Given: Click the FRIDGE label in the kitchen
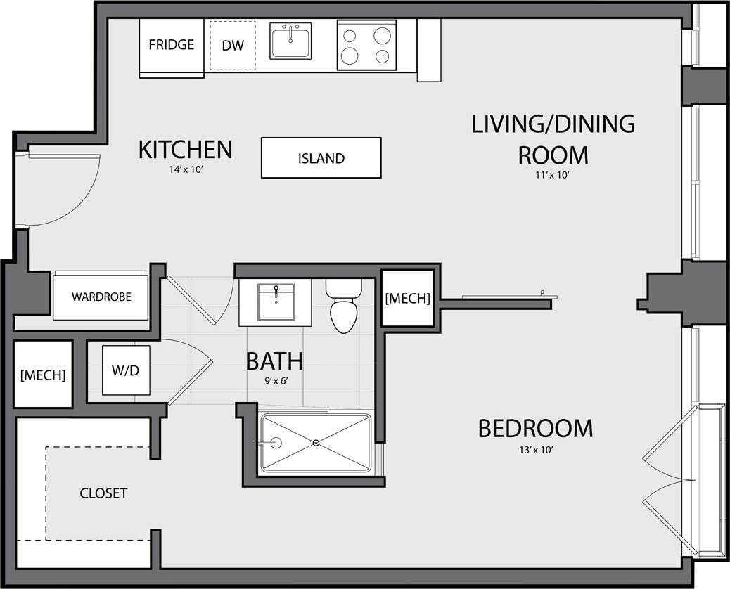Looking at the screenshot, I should pos(171,45).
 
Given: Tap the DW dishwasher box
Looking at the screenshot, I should pos(233,46).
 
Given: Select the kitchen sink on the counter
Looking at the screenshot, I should pos(290,41).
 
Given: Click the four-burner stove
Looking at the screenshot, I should pos(366,45).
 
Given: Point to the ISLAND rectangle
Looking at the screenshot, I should pos(321,158).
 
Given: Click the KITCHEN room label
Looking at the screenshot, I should pos(185,150).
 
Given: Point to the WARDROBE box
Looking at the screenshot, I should pos(101,296).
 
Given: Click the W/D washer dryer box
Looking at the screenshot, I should pos(126,370).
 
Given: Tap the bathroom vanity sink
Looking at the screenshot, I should pos(276,302).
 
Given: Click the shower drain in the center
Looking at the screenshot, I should pos(316,443).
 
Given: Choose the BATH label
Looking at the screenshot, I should pos(274,361).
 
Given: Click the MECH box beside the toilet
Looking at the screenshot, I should pos(407,298).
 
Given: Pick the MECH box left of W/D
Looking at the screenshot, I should pos(43,375).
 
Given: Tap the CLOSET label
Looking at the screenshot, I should pos(103,493).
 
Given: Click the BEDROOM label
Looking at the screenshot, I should pos(535,428).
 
